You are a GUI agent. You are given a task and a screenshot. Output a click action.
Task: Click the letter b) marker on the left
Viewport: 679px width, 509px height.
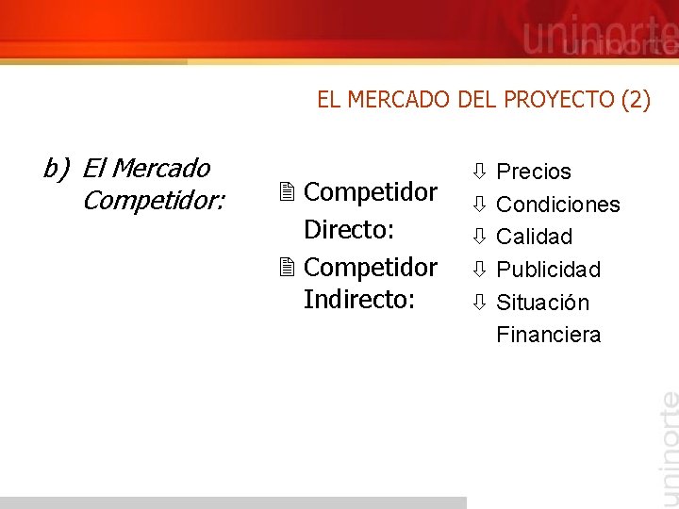click(57, 169)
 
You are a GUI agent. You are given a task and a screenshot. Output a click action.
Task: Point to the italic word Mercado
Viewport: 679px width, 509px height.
click(146, 169)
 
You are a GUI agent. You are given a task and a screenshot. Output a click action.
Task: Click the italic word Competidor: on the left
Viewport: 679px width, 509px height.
click(154, 201)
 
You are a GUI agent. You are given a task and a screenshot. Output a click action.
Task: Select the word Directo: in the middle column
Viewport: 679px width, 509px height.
click(348, 230)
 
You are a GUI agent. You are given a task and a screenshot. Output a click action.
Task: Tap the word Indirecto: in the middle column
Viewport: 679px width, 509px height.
click(359, 300)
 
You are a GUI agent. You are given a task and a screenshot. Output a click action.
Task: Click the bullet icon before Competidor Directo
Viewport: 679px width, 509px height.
click(289, 193)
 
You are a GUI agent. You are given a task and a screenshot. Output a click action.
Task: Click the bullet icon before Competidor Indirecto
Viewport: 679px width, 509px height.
click(289, 269)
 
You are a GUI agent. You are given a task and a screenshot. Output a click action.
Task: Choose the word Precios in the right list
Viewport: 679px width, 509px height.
click(534, 172)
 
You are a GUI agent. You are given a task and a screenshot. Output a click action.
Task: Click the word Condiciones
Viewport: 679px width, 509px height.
click(557, 205)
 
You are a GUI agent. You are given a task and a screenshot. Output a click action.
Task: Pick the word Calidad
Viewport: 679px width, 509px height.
click(534, 237)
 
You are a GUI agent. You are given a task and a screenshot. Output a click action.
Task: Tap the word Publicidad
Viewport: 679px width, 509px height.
click(548, 270)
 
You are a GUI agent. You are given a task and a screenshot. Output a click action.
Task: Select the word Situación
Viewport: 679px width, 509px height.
click(542, 303)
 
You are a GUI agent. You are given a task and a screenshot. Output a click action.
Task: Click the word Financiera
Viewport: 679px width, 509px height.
click(548, 335)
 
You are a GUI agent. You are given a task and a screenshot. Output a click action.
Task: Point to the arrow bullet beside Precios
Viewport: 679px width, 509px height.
click(479, 172)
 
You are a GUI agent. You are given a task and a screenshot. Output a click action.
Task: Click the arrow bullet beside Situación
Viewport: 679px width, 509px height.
click(479, 303)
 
